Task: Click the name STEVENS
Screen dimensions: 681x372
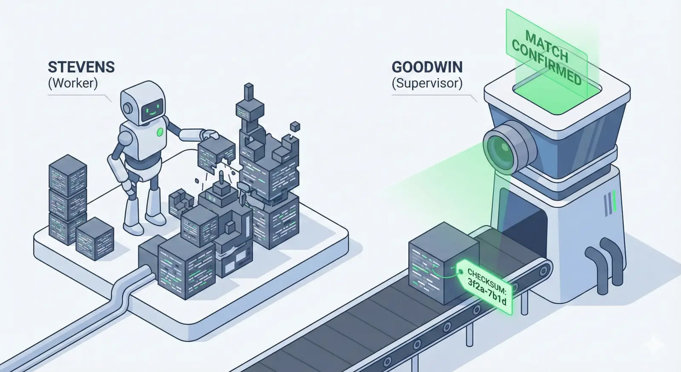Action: (x=81, y=67)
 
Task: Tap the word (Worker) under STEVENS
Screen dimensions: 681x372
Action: (x=73, y=83)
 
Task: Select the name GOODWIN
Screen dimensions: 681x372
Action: (x=427, y=67)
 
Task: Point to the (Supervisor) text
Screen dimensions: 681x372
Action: (x=427, y=83)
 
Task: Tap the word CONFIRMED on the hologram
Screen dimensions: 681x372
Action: (x=547, y=64)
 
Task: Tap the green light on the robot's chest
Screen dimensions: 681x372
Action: (x=160, y=132)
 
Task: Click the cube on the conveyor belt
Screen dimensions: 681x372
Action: (x=442, y=263)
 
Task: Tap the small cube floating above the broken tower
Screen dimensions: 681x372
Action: (x=295, y=126)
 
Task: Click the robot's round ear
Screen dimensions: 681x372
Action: (x=127, y=107)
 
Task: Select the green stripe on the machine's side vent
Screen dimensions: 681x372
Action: (x=614, y=201)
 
